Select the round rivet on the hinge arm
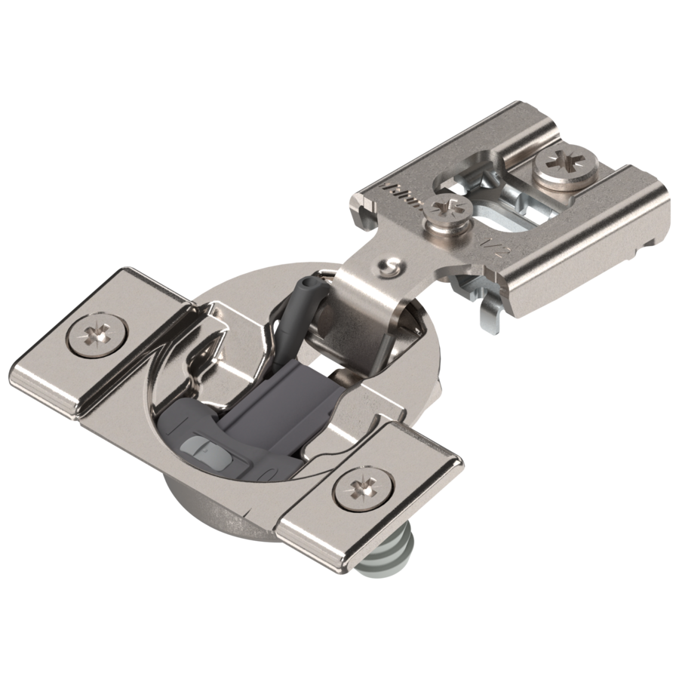tap(391, 266)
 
